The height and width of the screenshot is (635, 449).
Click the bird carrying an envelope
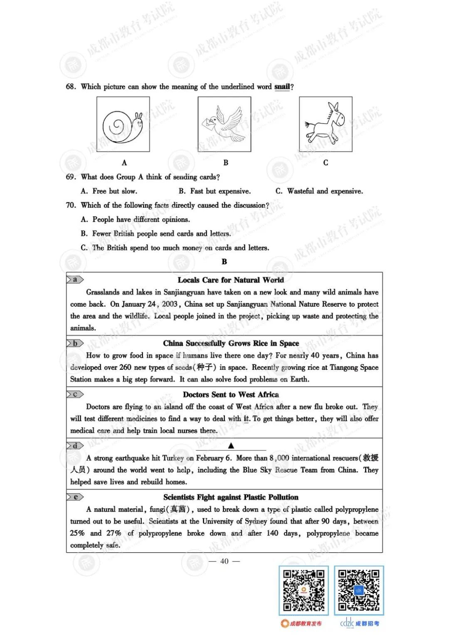pos(224,124)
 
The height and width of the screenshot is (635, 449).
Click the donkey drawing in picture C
pos(326,123)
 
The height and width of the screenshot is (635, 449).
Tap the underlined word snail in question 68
pos(282,87)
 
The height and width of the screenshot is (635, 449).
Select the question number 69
pos(71,177)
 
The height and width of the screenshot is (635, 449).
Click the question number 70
pos(71,205)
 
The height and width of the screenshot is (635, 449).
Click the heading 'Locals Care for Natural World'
pos(231,280)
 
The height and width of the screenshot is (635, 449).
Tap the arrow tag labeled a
pos(75,280)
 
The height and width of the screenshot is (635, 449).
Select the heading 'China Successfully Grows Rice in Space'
pos(231,343)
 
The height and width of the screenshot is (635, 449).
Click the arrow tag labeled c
pos(75,394)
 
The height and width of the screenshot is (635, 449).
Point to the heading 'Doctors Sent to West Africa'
pos(231,394)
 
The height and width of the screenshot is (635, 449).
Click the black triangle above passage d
pos(231,446)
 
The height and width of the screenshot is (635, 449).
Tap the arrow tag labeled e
pos(75,497)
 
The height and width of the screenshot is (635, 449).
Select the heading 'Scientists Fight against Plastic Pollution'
pos(231,497)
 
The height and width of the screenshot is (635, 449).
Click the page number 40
pos(224,561)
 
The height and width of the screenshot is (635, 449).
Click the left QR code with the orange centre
pos(303,591)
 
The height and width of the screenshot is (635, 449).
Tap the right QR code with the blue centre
pos(359,591)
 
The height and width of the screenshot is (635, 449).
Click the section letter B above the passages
pos(224,262)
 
